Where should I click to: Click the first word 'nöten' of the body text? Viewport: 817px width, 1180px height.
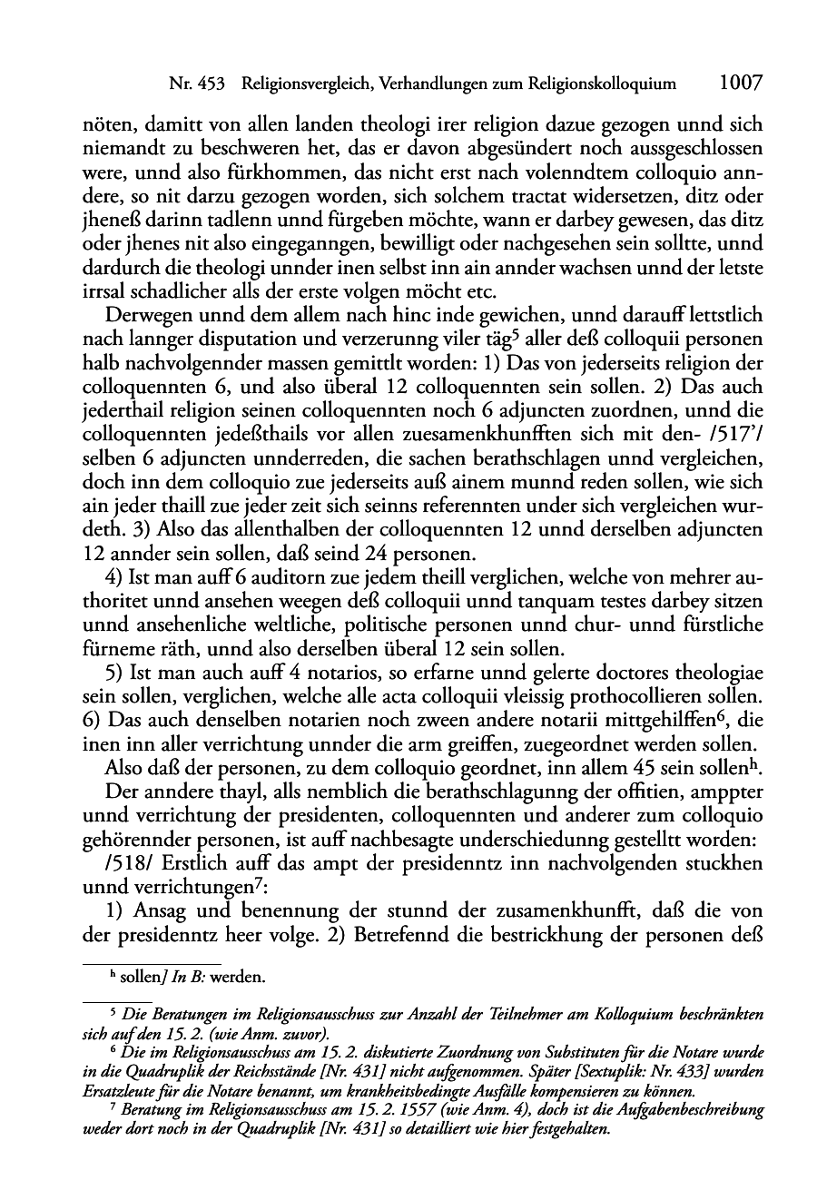coord(103,125)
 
